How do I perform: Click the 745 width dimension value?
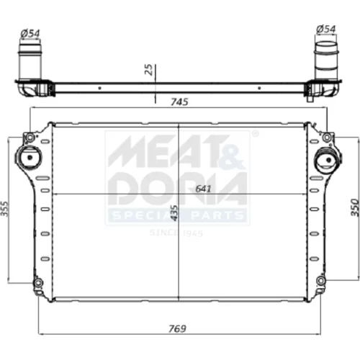(x=179, y=102)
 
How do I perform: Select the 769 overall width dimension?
(x=177, y=328)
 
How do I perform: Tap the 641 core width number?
(x=203, y=189)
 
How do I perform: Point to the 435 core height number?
(x=174, y=213)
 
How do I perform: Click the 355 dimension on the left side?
(x=4, y=209)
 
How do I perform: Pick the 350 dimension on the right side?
(x=355, y=207)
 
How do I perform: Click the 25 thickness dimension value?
(x=149, y=70)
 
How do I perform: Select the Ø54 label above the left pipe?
(x=30, y=33)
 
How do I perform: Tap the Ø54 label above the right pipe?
(x=326, y=30)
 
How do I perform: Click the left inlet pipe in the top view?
(x=30, y=62)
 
